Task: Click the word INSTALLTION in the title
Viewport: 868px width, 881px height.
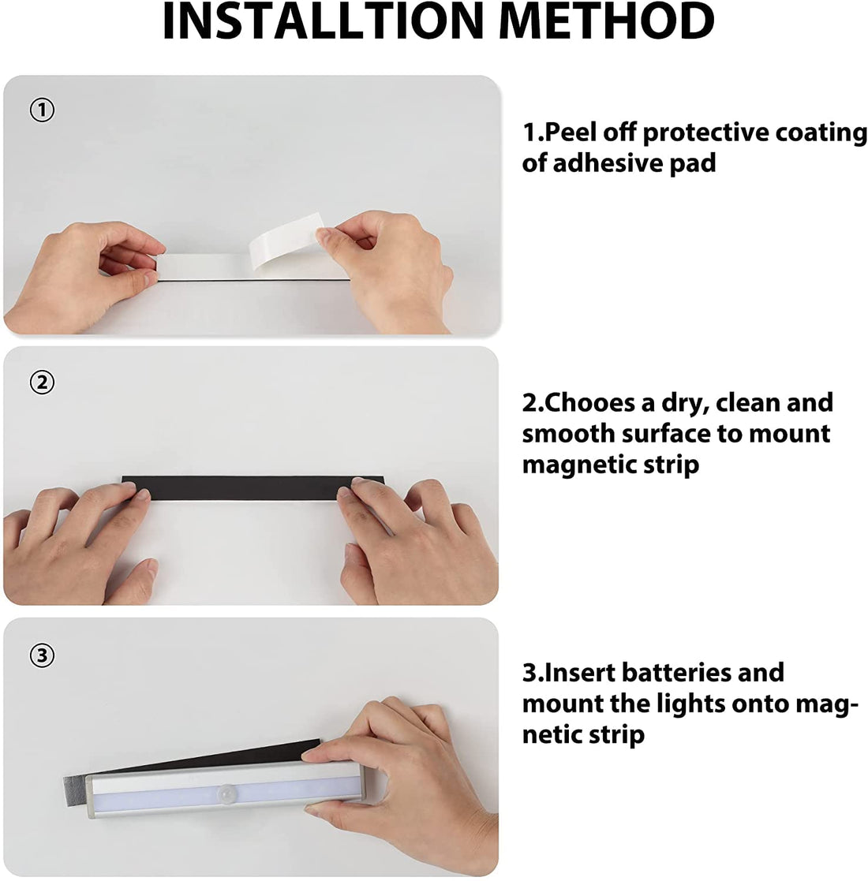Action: (303, 21)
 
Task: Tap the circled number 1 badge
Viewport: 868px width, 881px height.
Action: (42, 110)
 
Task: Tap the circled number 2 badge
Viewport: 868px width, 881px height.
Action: (42, 383)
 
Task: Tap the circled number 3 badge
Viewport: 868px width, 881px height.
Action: (42, 655)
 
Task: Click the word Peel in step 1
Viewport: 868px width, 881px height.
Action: (587, 133)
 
